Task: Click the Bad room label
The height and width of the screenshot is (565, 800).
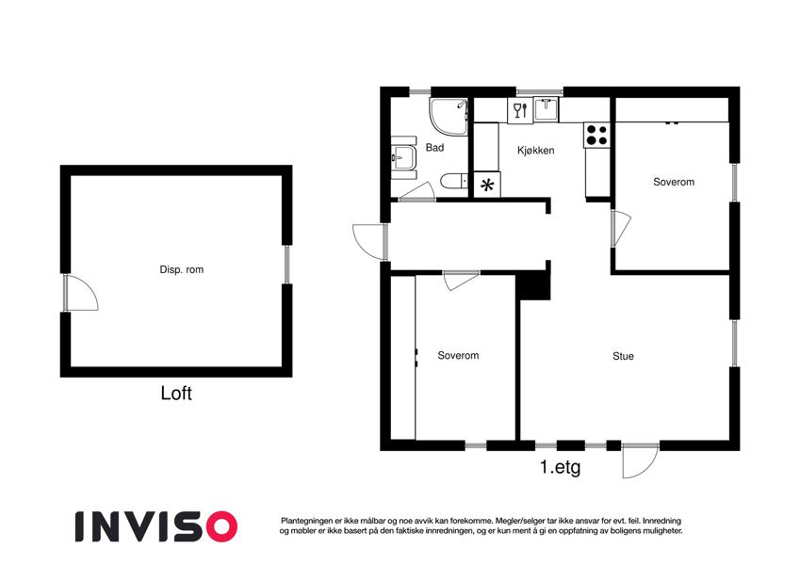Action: click(434, 147)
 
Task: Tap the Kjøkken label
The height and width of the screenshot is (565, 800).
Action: click(536, 151)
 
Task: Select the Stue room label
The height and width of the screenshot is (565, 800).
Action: click(623, 356)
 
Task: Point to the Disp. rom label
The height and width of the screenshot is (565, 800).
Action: click(182, 269)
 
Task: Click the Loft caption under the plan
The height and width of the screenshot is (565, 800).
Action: click(176, 394)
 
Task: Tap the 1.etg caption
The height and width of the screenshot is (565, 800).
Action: click(561, 467)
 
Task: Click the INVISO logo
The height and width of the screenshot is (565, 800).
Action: click(156, 526)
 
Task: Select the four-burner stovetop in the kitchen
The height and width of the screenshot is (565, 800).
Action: click(597, 136)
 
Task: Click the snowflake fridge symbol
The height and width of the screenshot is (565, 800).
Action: click(487, 185)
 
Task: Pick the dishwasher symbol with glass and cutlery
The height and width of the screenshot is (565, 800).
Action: click(520, 110)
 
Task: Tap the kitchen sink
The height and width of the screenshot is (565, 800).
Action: click(546, 109)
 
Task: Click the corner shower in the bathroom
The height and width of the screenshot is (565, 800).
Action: click(449, 117)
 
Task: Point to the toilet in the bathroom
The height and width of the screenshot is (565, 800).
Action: click(454, 181)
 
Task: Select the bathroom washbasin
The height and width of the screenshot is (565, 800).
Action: click(404, 157)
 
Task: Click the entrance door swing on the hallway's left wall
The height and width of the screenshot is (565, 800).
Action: click(369, 242)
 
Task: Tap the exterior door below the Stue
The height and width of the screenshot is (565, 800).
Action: click(641, 460)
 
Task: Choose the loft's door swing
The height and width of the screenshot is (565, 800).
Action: click(81, 293)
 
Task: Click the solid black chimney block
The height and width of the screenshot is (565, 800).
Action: click(533, 286)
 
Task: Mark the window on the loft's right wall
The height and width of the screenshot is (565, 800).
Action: click(286, 265)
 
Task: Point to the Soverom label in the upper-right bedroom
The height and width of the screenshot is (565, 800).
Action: click(674, 182)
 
